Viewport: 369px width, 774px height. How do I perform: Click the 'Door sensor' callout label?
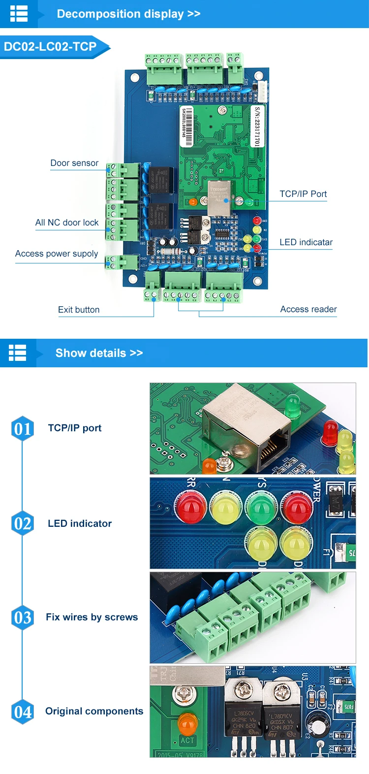tap(74, 163)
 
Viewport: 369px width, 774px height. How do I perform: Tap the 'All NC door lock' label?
tap(67, 223)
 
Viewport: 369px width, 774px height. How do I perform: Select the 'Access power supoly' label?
tap(57, 254)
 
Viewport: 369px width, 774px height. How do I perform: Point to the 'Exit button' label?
tap(79, 310)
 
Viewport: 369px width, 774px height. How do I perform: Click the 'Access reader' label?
tap(308, 309)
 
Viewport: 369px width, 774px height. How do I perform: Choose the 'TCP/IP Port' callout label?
tap(303, 194)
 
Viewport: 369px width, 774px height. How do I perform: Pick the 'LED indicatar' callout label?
tap(306, 242)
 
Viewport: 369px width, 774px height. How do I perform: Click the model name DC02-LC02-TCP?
tap(50, 47)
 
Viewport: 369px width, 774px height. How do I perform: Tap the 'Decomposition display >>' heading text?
tap(128, 14)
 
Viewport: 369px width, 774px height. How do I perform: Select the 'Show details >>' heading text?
tap(99, 353)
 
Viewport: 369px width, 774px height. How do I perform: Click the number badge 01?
tap(23, 428)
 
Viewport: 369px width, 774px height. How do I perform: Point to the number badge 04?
tap(23, 712)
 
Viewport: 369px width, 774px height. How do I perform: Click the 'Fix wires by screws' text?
tap(92, 617)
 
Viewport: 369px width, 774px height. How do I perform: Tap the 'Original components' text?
tap(94, 711)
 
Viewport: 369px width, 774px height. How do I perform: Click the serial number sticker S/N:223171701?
tap(256, 126)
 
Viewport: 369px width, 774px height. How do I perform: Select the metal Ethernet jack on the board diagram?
tap(219, 197)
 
